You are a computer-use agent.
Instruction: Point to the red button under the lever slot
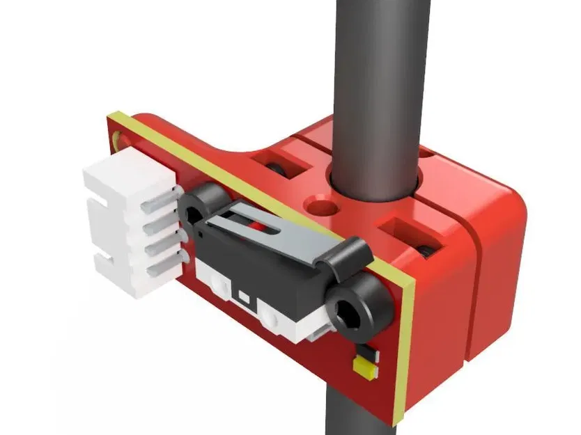point(259,227)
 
